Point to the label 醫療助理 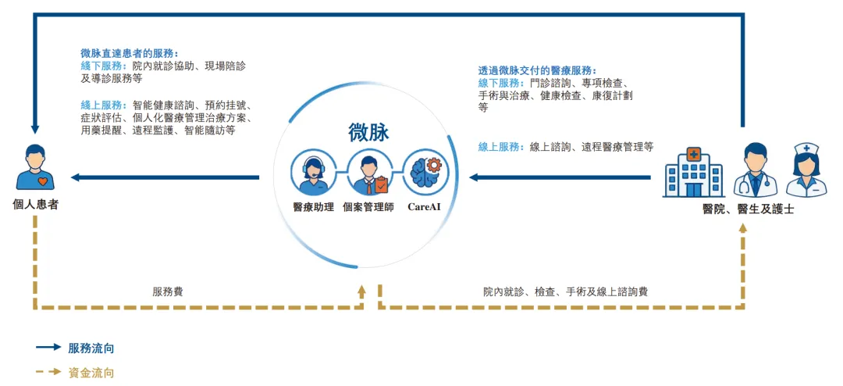point(313,207)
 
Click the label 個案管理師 point(368,207)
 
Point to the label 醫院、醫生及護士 point(749,209)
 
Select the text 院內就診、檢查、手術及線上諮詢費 point(565,291)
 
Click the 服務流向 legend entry point(91,348)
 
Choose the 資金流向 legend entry point(91,373)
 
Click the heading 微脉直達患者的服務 point(130,53)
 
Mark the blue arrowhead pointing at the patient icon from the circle point(76,177)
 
